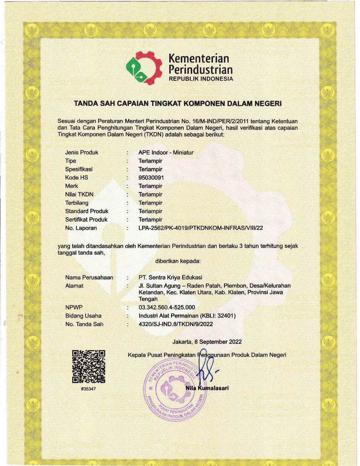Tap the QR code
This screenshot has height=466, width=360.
[x=89, y=366]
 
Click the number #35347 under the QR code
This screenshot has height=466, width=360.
[x=88, y=389]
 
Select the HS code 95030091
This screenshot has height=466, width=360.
[x=151, y=178]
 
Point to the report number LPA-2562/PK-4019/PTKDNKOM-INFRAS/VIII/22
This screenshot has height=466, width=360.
[x=200, y=228]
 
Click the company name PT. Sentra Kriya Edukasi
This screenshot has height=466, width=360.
[x=170, y=277]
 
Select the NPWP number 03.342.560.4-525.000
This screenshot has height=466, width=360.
[x=167, y=307]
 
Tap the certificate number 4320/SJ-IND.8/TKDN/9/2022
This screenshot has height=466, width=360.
[x=176, y=324]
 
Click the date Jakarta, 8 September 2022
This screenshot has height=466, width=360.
[x=207, y=342]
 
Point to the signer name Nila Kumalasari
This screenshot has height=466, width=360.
[x=207, y=388]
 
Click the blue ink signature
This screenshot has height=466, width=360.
[x=205, y=368]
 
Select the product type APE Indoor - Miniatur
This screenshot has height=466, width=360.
[x=166, y=152]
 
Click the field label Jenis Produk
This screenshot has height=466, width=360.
[x=82, y=152]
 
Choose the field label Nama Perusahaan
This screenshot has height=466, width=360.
[x=89, y=277]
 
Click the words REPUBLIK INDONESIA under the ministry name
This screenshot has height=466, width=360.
[x=201, y=79]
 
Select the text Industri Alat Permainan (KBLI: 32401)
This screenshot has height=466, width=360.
[x=187, y=316]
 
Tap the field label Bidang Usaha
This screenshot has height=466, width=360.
[x=83, y=316]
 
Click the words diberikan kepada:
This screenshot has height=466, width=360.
[x=178, y=261]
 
